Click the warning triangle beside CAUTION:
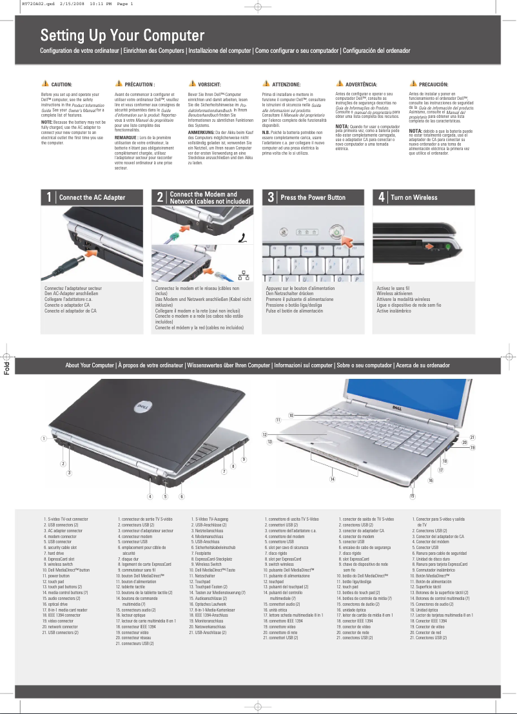(44, 84)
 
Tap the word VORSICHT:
(210, 84)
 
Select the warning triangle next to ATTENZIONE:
(266, 84)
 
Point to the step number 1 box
(48, 198)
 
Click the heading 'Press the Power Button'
(313, 198)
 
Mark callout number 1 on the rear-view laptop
(43, 438)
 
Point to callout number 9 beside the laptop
(244, 459)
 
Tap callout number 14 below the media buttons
(332, 478)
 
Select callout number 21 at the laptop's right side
(473, 437)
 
